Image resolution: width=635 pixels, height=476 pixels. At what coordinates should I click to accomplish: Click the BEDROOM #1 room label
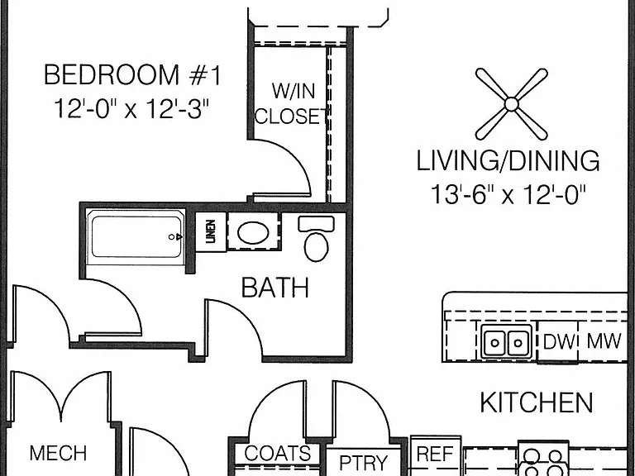click(132, 75)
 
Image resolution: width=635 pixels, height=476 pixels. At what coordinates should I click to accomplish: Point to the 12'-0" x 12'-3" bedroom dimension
click(131, 108)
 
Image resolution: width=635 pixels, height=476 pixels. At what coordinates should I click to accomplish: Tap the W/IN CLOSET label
click(291, 103)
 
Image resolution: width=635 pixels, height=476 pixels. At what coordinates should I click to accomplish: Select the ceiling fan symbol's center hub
click(512, 104)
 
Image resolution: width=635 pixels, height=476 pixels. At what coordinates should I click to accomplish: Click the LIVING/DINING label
click(508, 160)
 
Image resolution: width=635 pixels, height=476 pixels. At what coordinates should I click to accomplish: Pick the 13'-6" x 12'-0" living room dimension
click(508, 194)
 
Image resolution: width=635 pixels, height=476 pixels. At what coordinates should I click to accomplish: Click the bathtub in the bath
click(136, 237)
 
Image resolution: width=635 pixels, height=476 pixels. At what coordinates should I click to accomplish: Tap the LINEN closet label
click(211, 231)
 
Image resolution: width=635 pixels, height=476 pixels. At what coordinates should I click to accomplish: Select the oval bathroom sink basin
click(254, 233)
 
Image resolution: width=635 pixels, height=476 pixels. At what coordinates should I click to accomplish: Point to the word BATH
click(275, 288)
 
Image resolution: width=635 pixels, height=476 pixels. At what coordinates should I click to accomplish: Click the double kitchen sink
click(506, 341)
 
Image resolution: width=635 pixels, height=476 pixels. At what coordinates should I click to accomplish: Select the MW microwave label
click(604, 340)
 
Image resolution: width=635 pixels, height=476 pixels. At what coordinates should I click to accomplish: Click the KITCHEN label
click(537, 402)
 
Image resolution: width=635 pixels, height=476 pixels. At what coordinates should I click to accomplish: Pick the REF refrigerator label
click(435, 454)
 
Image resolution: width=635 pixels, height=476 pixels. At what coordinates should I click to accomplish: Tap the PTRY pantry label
click(363, 462)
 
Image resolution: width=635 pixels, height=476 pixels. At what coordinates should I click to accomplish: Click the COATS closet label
click(278, 454)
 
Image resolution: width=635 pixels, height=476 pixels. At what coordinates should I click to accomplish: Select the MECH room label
click(59, 453)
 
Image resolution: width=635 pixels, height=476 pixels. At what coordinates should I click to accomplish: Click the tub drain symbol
click(175, 237)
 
